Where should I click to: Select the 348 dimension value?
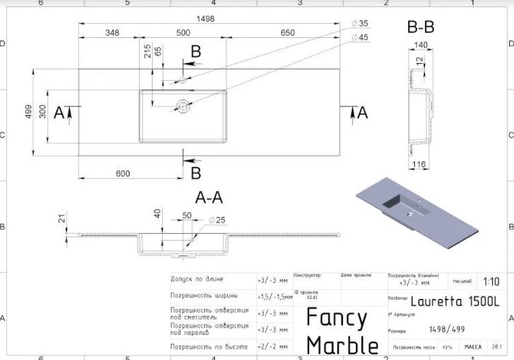click(x=113, y=33)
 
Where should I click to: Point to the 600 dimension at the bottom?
click(x=123, y=174)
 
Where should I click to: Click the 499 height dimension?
click(x=28, y=112)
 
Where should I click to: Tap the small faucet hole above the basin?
click(x=182, y=79)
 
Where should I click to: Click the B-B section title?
click(x=420, y=28)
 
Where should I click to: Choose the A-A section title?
click(x=209, y=198)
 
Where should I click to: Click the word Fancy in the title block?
click(x=336, y=317)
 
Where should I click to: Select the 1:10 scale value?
click(x=491, y=281)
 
